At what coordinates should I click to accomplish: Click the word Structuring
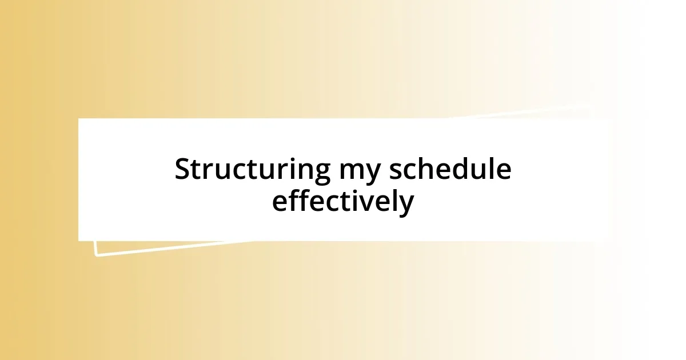click(252, 170)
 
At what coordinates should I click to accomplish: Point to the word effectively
click(342, 202)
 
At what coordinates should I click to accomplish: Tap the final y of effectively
click(406, 206)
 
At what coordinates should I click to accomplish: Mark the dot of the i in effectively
click(361, 190)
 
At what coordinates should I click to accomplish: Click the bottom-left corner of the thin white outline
click(96, 255)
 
